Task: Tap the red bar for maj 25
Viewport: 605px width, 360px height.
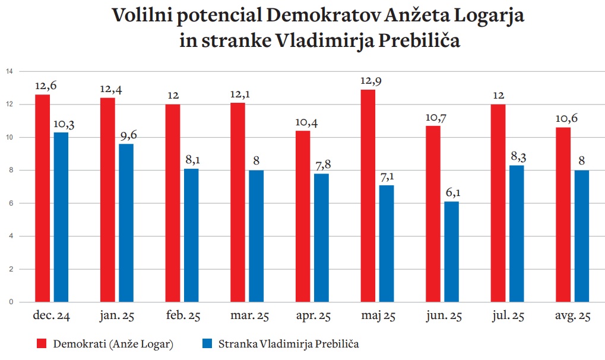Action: (x=368, y=195)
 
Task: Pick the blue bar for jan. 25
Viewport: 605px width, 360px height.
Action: (x=126, y=223)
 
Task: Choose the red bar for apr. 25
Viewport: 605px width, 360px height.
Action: (x=303, y=216)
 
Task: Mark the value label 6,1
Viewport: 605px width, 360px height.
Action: (x=452, y=192)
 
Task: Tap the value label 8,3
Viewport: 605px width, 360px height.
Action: (x=518, y=156)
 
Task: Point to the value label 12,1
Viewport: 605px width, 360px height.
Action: (x=240, y=94)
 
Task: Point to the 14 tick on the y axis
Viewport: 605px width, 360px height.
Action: (x=8, y=72)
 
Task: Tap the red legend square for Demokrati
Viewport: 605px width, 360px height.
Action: (x=42, y=343)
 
